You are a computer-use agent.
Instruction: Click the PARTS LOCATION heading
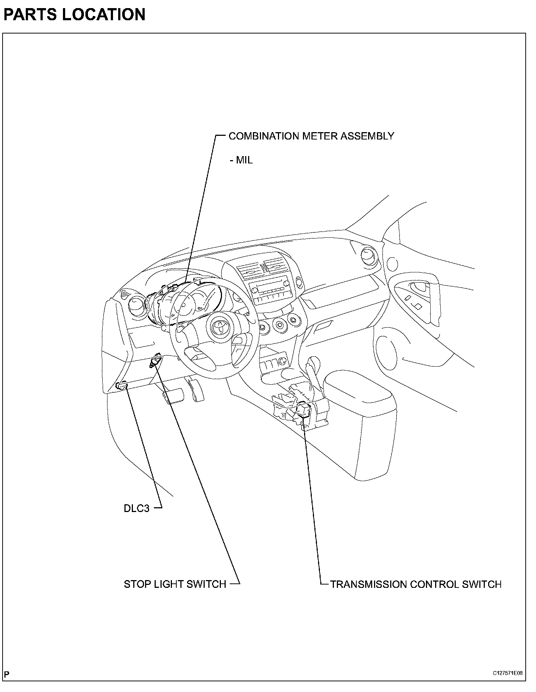pos(74,15)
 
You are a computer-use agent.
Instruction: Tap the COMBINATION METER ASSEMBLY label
pos(311,136)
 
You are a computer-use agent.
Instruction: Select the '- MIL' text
pos(241,160)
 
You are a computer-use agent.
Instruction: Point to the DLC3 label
pos(137,509)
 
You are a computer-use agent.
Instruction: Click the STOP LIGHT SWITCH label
pos(175,584)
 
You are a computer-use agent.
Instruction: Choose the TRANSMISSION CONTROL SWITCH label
pos(416,584)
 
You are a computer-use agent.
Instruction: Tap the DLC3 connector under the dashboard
pos(121,386)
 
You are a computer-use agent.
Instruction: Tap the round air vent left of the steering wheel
pos(138,304)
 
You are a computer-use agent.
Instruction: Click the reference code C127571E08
pos(508,673)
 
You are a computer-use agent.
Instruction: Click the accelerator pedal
pos(196,389)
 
